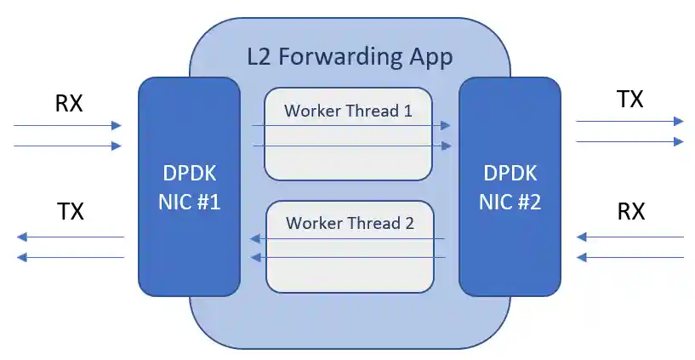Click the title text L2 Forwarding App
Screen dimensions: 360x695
click(x=349, y=58)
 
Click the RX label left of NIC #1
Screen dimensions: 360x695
click(x=69, y=104)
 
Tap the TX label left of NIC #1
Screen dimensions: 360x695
click(x=71, y=211)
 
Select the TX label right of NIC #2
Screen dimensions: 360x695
click(x=629, y=100)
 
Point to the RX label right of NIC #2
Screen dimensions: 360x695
click(x=630, y=211)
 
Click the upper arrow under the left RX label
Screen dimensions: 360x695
click(x=68, y=126)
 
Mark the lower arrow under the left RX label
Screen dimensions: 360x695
click(x=68, y=146)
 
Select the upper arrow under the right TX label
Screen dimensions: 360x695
click(x=629, y=122)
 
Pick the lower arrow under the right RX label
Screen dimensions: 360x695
click(x=629, y=257)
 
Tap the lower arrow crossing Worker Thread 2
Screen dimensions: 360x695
click(x=348, y=257)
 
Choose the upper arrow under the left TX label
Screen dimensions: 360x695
click(x=71, y=237)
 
